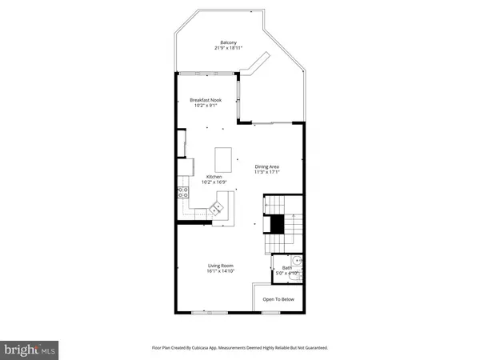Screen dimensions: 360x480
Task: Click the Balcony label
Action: click(x=229, y=42)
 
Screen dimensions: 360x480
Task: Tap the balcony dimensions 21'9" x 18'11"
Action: click(x=229, y=48)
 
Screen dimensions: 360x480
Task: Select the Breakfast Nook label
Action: click(x=206, y=100)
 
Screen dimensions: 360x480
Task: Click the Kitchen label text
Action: click(x=214, y=177)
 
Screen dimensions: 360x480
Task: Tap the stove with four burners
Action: click(x=182, y=192)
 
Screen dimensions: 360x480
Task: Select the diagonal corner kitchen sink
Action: click(x=217, y=210)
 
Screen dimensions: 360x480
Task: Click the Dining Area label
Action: click(x=266, y=166)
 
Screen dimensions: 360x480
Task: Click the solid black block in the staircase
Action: click(x=276, y=225)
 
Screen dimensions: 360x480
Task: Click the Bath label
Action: click(x=286, y=268)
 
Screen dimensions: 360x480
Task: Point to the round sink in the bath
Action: click(x=297, y=260)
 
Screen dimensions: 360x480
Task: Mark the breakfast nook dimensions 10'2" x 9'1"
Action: click(x=206, y=106)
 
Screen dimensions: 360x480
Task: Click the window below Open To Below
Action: click(x=272, y=311)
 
